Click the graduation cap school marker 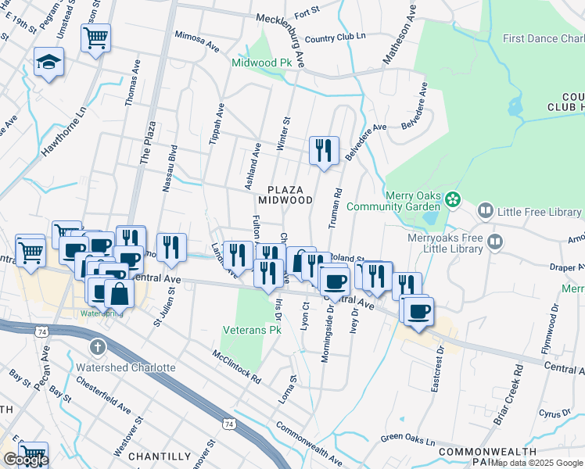tap(48, 63)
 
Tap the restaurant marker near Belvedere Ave tap(324, 149)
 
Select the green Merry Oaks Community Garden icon tap(451, 201)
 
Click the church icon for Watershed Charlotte tap(96, 346)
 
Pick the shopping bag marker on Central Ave tap(119, 295)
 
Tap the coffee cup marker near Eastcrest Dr tap(418, 310)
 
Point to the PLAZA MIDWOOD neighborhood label tap(291, 195)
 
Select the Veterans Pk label tap(252, 330)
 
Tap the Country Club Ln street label tap(336, 38)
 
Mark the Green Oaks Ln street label tap(407, 440)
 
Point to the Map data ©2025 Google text tap(537, 463)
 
